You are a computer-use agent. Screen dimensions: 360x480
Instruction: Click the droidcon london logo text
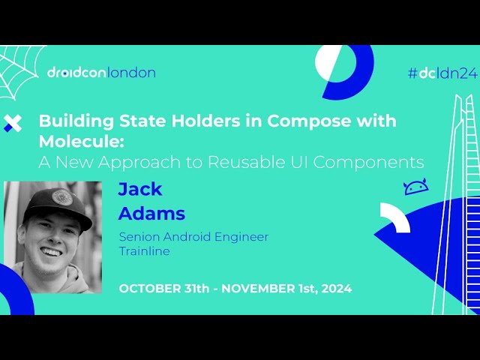[x=100, y=73]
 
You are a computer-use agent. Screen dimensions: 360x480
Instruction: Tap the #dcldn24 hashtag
[x=442, y=73]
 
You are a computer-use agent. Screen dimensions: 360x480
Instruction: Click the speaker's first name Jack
[x=140, y=189]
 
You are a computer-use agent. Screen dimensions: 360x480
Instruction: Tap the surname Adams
[x=151, y=214]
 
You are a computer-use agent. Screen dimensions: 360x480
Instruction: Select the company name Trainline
[x=145, y=251]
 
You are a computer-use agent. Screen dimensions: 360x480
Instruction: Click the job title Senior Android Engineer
[x=193, y=237]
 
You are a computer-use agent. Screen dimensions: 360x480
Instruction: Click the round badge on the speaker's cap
[x=62, y=197]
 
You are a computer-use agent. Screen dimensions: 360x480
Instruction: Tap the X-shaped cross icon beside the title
[x=13, y=124]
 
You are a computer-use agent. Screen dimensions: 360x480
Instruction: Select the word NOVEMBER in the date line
[x=253, y=289]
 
